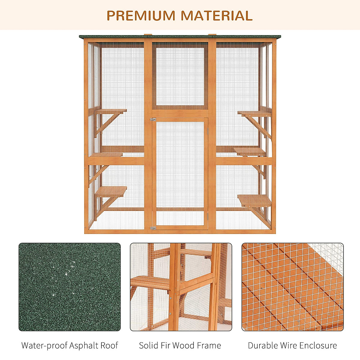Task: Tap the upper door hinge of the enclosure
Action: click(x=153, y=119)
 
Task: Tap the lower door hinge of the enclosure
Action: click(x=153, y=228)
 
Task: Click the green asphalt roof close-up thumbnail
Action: click(x=70, y=287)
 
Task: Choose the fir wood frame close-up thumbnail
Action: click(x=181, y=287)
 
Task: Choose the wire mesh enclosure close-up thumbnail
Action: click(x=292, y=287)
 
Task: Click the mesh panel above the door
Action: click(x=180, y=76)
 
